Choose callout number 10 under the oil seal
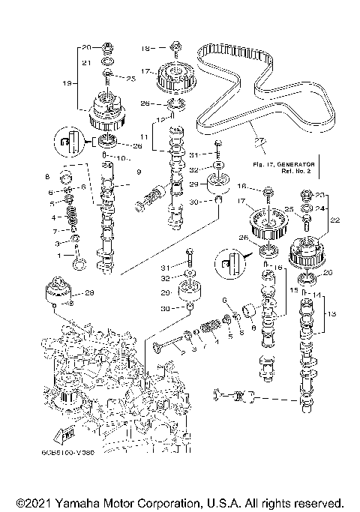point(118,159)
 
